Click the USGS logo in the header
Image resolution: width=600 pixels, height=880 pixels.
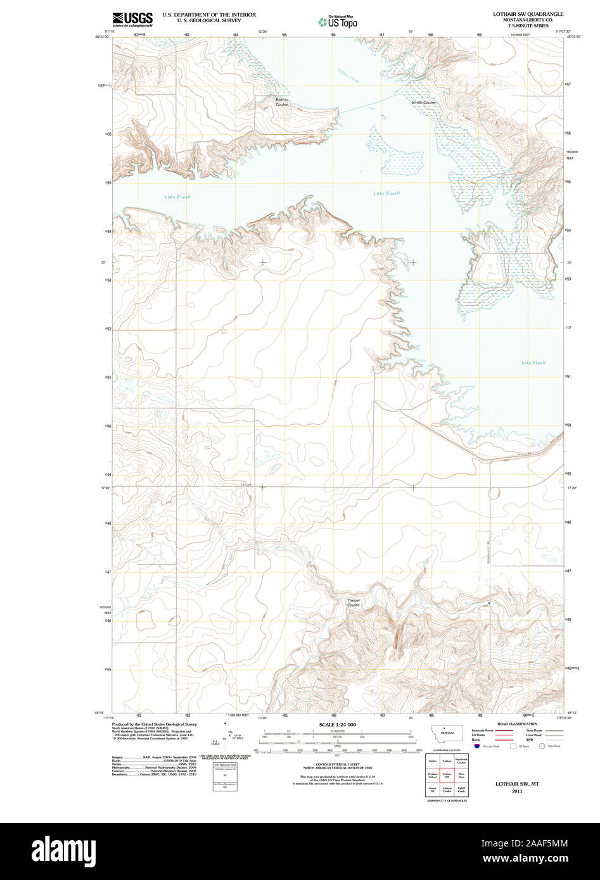(132, 19)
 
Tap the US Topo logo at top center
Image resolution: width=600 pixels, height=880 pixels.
(338, 22)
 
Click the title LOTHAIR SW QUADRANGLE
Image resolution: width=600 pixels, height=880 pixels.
(528, 14)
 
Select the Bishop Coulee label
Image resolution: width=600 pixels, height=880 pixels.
(281, 101)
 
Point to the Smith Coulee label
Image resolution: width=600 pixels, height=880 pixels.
(423, 103)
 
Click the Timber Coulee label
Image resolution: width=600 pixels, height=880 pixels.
(354, 603)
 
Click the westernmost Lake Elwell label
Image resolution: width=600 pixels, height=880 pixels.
(177, 197)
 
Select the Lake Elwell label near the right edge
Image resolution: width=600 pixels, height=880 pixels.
(533, 363)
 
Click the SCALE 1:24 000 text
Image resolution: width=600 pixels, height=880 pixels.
(338, 724)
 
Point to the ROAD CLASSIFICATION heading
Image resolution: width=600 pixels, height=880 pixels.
(517, 724)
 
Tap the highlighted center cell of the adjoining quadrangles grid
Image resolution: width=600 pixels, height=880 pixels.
(447, 775)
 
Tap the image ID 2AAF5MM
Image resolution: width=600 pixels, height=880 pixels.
(541, 843)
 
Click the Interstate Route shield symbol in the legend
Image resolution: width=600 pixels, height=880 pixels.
(476, 746)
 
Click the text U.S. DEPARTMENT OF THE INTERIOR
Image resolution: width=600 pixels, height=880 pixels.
(209, 14)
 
